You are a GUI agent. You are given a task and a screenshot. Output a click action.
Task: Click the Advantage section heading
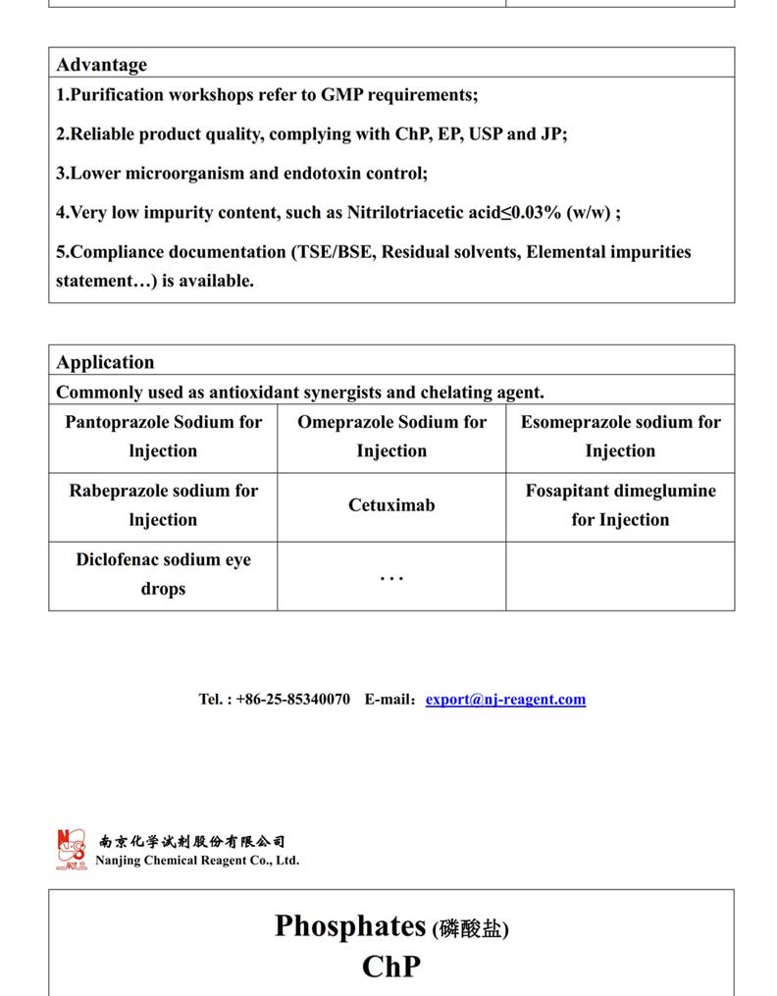(x=101, y=65)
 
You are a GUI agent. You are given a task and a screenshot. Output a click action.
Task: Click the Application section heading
(x=105, y=362)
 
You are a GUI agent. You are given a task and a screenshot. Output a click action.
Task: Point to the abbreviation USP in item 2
(x=485, y=134)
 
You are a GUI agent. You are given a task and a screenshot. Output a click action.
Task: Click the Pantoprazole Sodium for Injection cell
(x=163, y=437)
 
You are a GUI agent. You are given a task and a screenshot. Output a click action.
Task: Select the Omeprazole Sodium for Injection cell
(x=391, y=437)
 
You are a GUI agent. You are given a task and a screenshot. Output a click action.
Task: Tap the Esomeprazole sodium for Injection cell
(x=620, y=437)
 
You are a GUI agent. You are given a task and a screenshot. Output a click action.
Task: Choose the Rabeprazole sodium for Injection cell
(x=163, y=505)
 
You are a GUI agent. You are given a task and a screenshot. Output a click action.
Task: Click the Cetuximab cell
(x=391, y=505)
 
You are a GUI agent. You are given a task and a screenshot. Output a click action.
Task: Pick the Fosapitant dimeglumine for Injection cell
(x=620, y=505)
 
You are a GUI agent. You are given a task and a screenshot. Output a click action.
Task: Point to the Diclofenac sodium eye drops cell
(x=163, y=574)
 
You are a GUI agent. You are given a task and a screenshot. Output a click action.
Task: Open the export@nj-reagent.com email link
(x=505, y=700)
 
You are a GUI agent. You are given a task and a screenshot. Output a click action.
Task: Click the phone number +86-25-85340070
(x=292, y=700)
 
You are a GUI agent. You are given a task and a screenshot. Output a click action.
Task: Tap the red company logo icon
(x=72, y=850)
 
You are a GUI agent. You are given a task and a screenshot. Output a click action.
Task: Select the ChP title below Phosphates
(x=390, y=967)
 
